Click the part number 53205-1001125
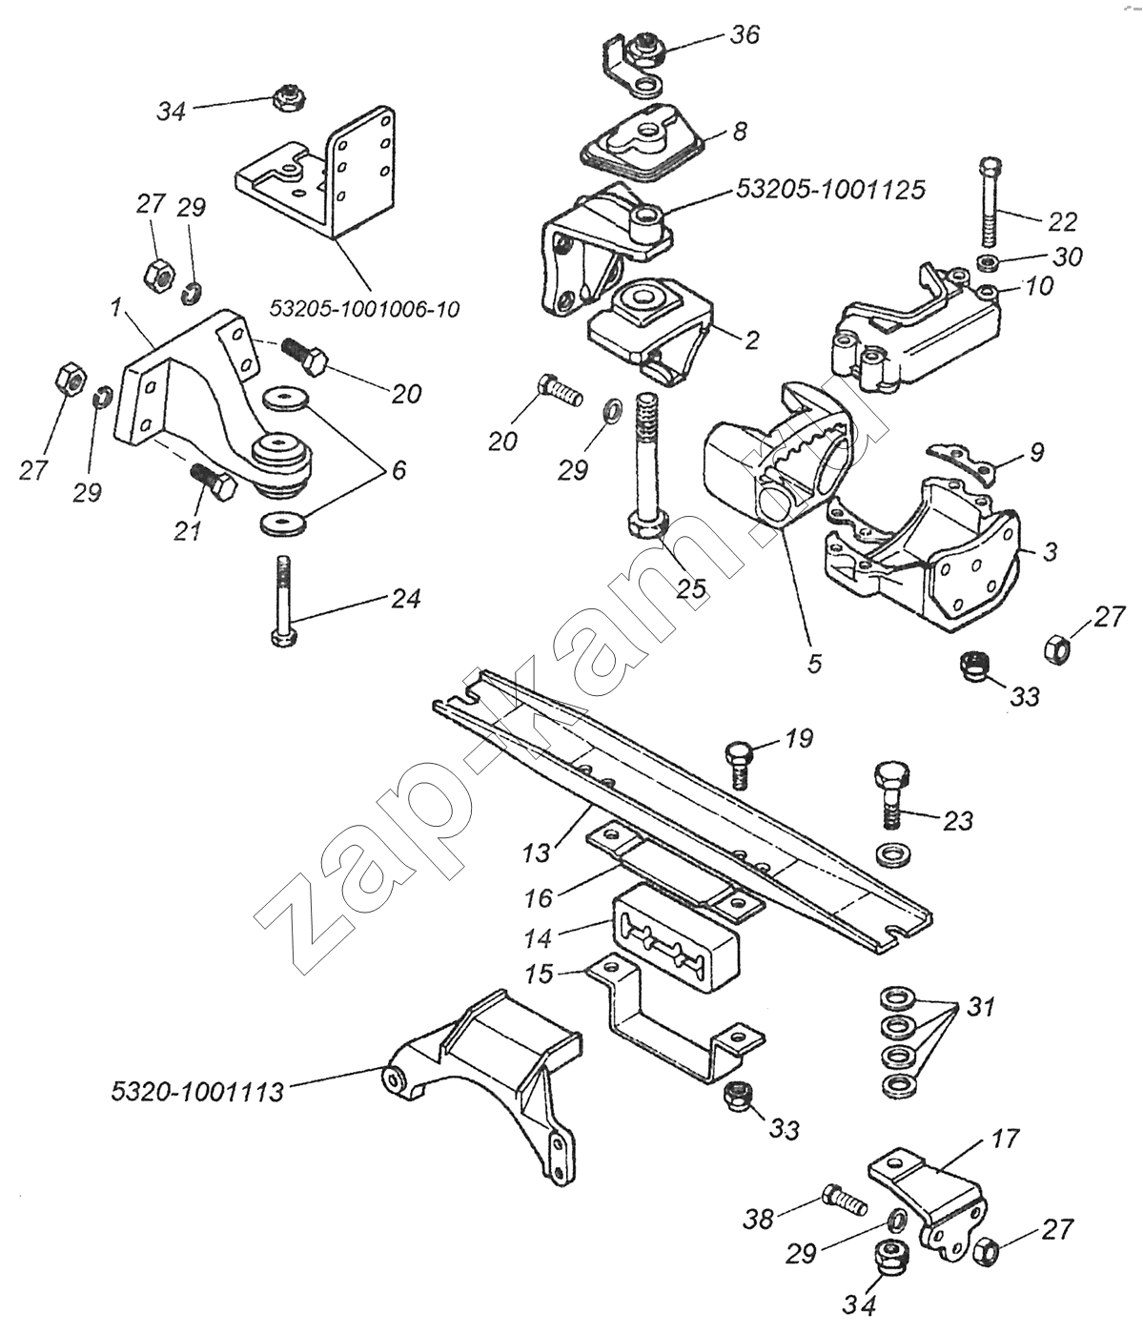pyautogui.click(x=829, y=190)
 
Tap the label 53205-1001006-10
pyautogui.click(x=365, y=309)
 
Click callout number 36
pyautogui.click(x=745, y=34)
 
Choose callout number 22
pyautogui.click(x=1062, y=221)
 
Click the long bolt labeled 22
pyautogui.click(x=989, y=205)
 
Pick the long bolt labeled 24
pyautogui.click(x=282, y=605)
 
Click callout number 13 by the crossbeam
pyautogui.click(x=538, y=852)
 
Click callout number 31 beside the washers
pyautogui.click(x=982, y=1007)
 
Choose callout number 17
pyautogui.click(x=1005, y=1139)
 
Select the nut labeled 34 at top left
pyautogui.click(x=283, y=96)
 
